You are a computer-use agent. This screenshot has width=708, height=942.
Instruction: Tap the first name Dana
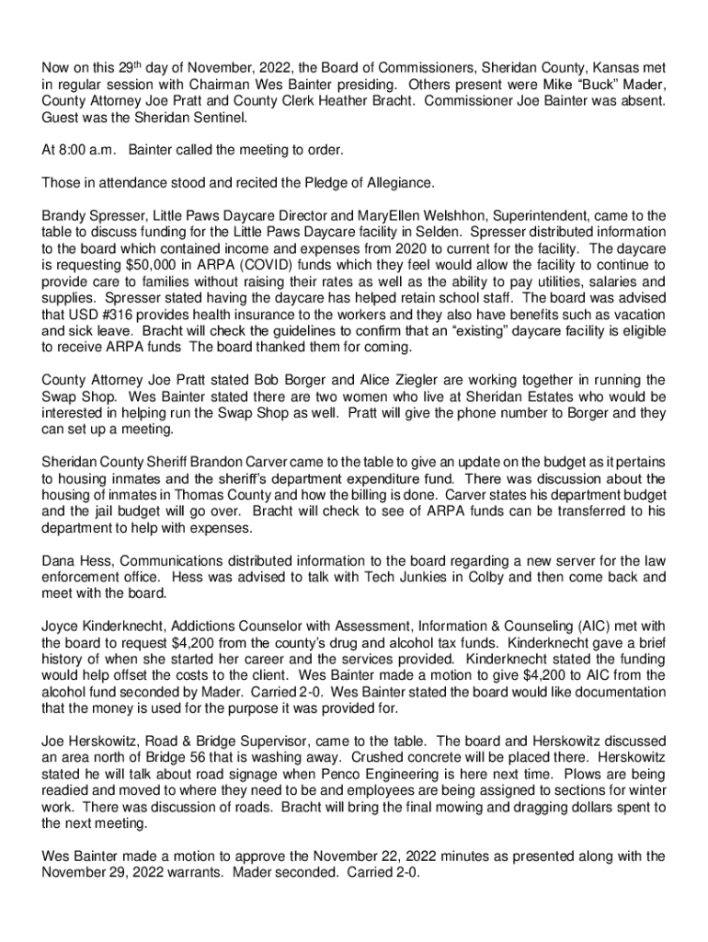(x=59, y=561)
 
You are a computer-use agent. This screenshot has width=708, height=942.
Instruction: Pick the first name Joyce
(x=61, y=626)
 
